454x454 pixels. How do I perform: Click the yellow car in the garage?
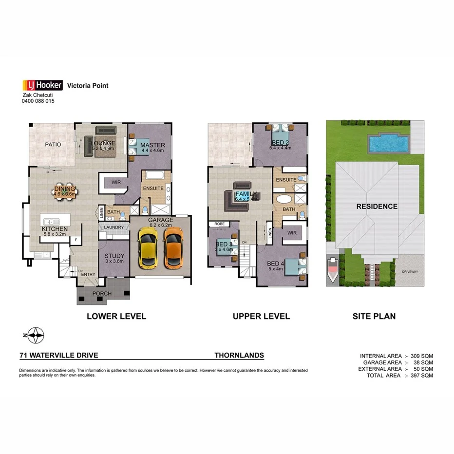click(x=148, y=248)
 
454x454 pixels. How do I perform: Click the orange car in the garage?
click(x=173, y=248)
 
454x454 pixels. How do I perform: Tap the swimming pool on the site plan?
click(x=388, y=144)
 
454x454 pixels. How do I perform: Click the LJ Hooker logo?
click(x=43, y=85)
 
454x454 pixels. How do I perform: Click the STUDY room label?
click(x=114, y=256)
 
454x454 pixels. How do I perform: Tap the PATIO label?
click(x=53, y=144)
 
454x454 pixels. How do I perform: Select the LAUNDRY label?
click(x=113, y=227)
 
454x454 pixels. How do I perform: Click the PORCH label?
click(x=102, y=293)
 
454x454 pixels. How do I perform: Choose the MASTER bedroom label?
click(x=152, y=145)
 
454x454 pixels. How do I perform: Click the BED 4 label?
click(x=275, y=264)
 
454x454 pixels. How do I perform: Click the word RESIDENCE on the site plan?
click(x=377, y=206)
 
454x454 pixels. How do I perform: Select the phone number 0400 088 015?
click(x=38, y=101)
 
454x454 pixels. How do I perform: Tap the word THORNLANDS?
click(x=239, y=356)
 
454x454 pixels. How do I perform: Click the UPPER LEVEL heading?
click(x=261, y=316)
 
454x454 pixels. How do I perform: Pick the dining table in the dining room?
click(x=65, y=191)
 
